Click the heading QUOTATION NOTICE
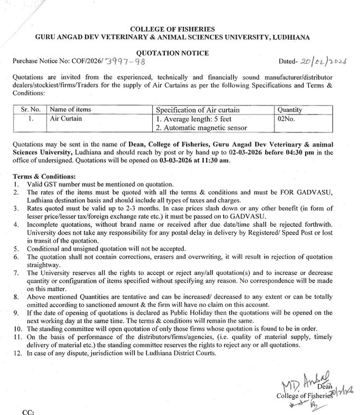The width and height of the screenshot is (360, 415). (x=180, y=53)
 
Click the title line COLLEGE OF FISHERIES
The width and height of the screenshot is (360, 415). (x=180, y=30)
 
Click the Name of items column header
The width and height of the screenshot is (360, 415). (x=71, y=110)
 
